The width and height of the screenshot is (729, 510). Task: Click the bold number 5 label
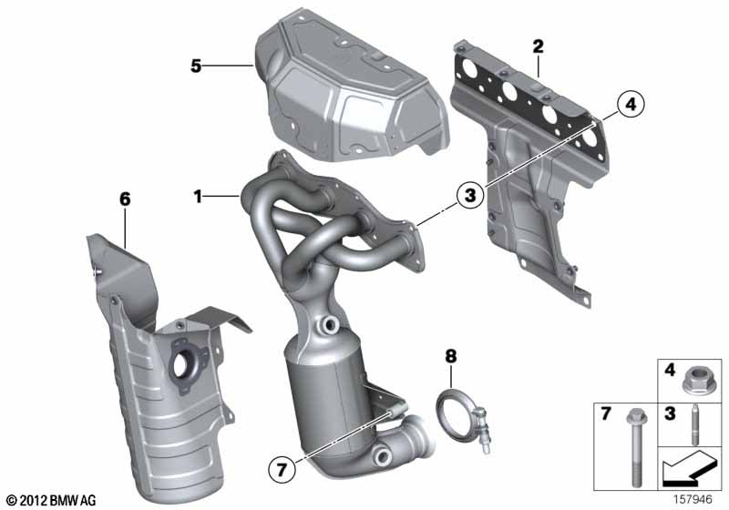(x=196, y=66)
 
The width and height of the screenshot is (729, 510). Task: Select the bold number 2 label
(x=538, y=46)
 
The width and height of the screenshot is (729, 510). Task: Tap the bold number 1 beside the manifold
(x=198, y=197)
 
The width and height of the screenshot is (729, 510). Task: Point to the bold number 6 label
(x=125, y=199)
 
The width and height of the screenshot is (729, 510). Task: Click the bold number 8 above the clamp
(x=451, y=356)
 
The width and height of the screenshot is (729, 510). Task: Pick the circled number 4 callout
(x=631, y=105)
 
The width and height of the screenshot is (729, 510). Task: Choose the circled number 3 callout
(x=470, y=195)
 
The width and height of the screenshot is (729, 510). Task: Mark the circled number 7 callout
(x=282, y=470)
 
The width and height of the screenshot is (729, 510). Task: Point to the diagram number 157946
(x=693, y=499)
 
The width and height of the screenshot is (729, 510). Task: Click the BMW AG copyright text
(x=52, y=500)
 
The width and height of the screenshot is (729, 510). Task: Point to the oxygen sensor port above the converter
(x=330, y=323)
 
